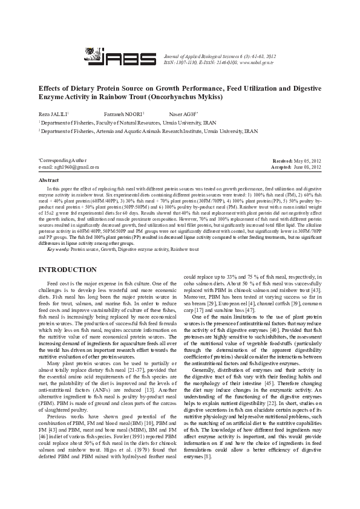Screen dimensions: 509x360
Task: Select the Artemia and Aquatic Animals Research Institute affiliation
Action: coord(151,130)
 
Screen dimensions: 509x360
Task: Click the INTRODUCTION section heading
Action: coord(67,269)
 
